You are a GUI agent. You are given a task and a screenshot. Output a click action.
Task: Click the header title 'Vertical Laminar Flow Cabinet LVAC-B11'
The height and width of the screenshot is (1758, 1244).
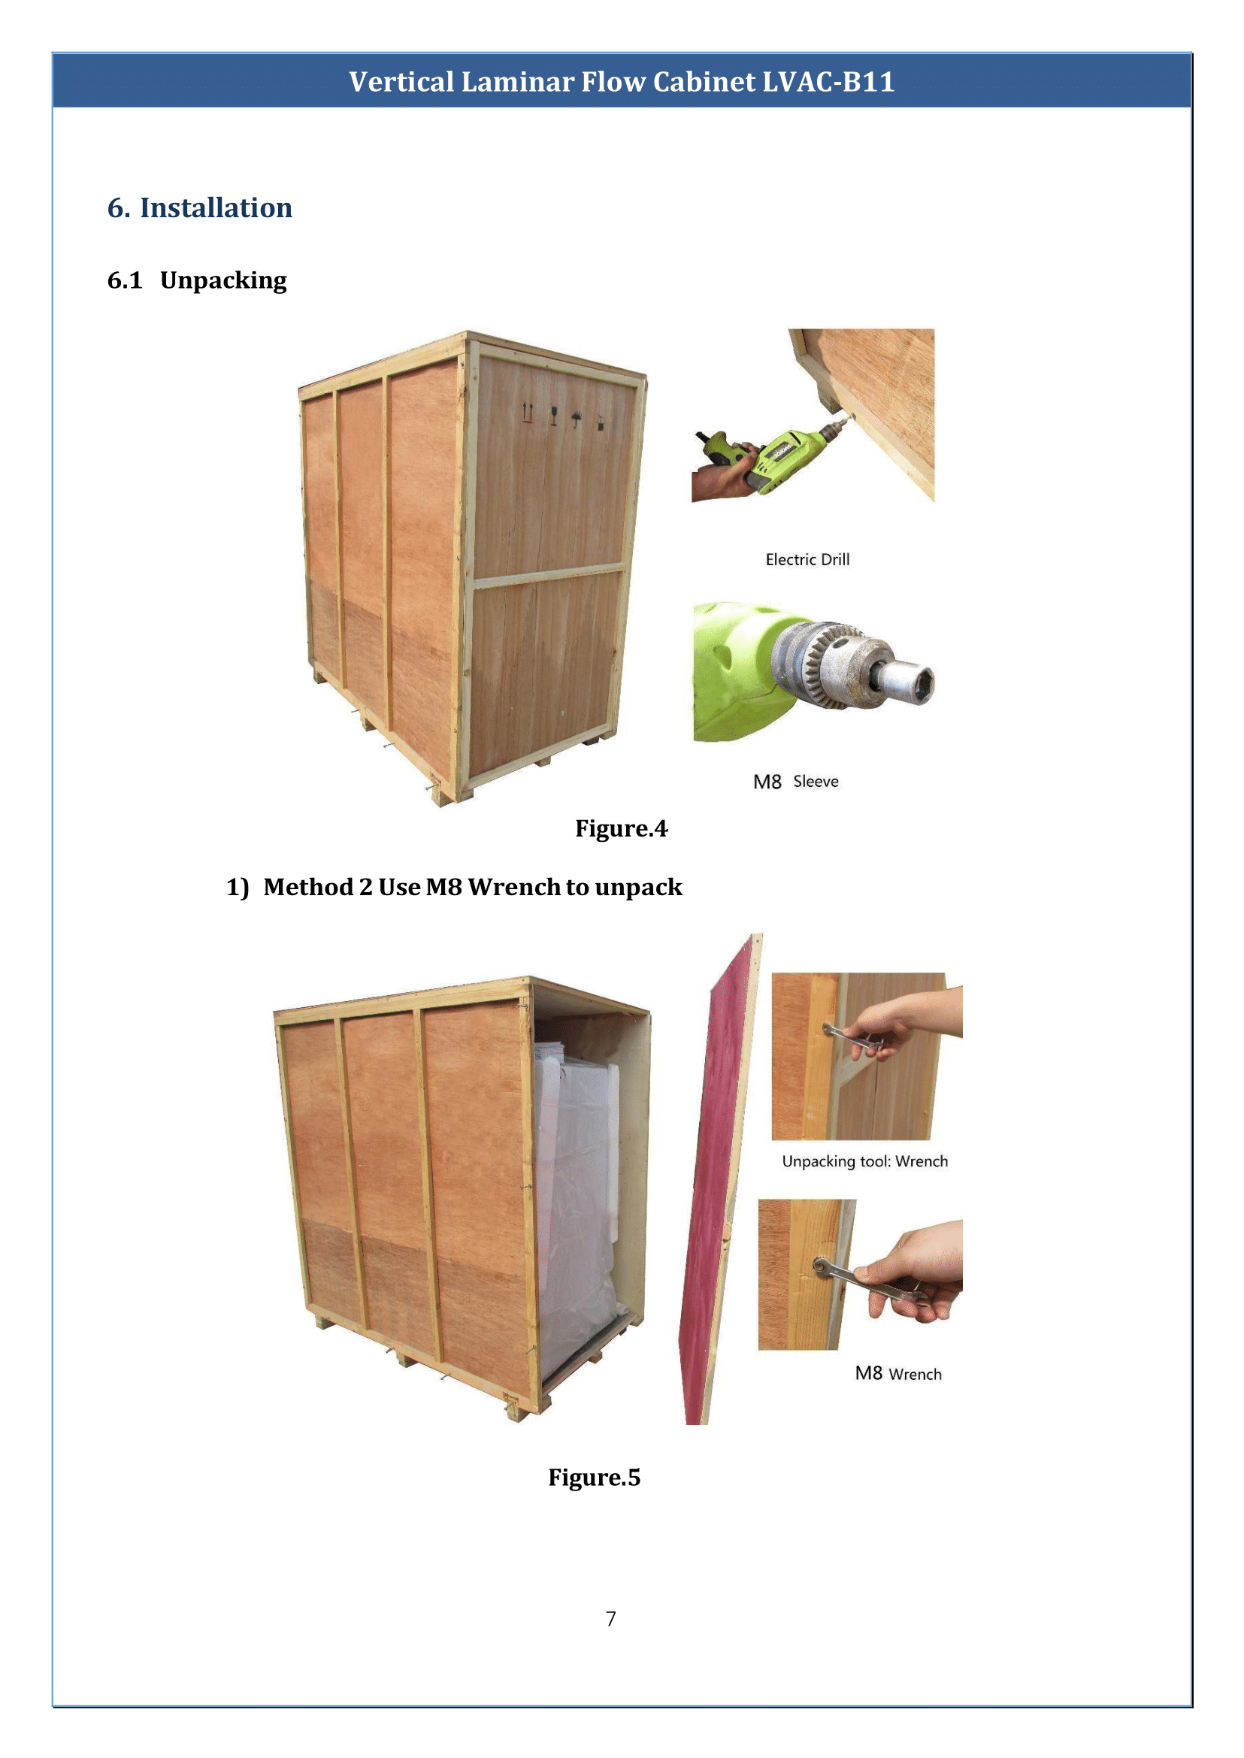[621, 82]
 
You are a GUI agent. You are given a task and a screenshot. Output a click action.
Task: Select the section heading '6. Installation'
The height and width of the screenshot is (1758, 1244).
[199, 207]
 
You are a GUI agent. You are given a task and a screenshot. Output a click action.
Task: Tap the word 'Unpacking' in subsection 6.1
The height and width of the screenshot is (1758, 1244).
[223, 280]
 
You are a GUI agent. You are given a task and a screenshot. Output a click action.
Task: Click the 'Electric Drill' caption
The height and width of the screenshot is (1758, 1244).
[807, 559]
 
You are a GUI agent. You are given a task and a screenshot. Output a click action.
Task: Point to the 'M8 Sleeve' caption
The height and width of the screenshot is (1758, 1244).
[795, 782]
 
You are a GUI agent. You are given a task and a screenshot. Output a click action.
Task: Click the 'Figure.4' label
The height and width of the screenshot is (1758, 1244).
[620, 828]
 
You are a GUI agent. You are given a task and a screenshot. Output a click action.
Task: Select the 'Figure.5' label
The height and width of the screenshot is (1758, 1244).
[594, 1477]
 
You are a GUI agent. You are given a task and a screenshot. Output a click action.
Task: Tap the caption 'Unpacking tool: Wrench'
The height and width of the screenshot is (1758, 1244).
[864, 1161]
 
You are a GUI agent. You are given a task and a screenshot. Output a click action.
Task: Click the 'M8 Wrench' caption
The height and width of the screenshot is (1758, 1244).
[897, 1373]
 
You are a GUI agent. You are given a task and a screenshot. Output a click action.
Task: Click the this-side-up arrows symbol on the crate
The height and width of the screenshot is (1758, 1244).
[527, 412]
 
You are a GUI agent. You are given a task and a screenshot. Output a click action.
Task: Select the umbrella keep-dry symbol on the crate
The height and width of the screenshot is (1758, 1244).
[576, 418]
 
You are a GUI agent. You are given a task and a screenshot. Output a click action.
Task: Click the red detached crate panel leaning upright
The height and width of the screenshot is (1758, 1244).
[713, 1195]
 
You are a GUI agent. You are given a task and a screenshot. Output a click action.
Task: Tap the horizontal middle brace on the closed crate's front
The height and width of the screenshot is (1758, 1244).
[548, 576]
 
